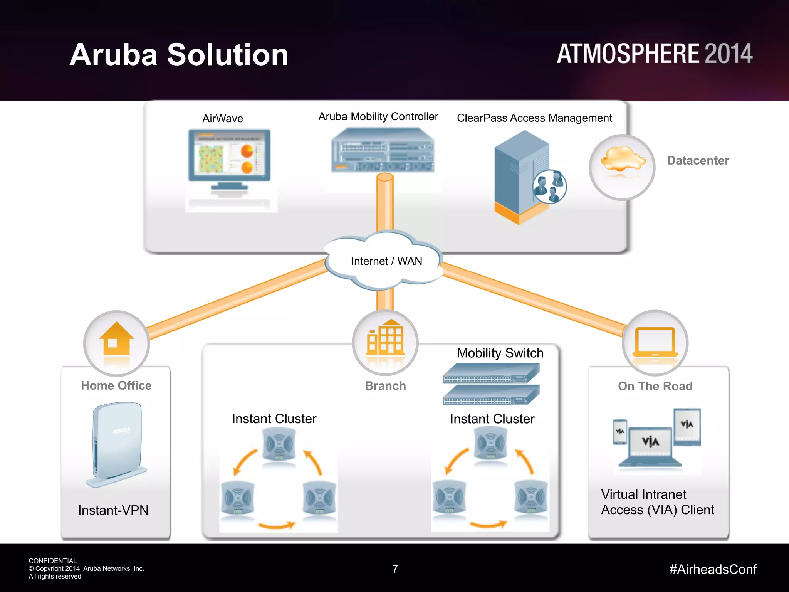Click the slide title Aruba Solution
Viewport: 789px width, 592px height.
[x=179, y=55]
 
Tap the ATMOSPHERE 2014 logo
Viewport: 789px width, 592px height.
[x=654, y=54]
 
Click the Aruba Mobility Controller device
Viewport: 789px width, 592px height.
[x=383, y=150]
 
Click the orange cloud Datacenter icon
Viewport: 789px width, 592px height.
[x=622, y=160]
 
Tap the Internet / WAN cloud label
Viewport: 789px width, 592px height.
[x=386, y=261]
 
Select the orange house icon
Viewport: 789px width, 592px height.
[x=116, y=339]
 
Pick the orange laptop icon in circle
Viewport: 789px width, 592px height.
[x=655, y=341]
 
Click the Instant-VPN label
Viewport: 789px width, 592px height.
[x=113, y=510]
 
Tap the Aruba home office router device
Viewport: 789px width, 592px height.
[x=117, y=443]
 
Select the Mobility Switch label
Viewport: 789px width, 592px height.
[x=500, y=353]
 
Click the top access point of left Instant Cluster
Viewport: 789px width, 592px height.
[x=279, y=445]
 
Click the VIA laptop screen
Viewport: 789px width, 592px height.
[x=650, y=442]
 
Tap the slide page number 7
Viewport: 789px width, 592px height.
[x=395, y=569]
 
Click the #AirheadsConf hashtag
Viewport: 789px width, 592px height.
[x=713, y=569]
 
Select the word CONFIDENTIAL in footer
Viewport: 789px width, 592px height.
[x=53, y=561]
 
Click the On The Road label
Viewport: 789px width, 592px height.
[x=655, y=386]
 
